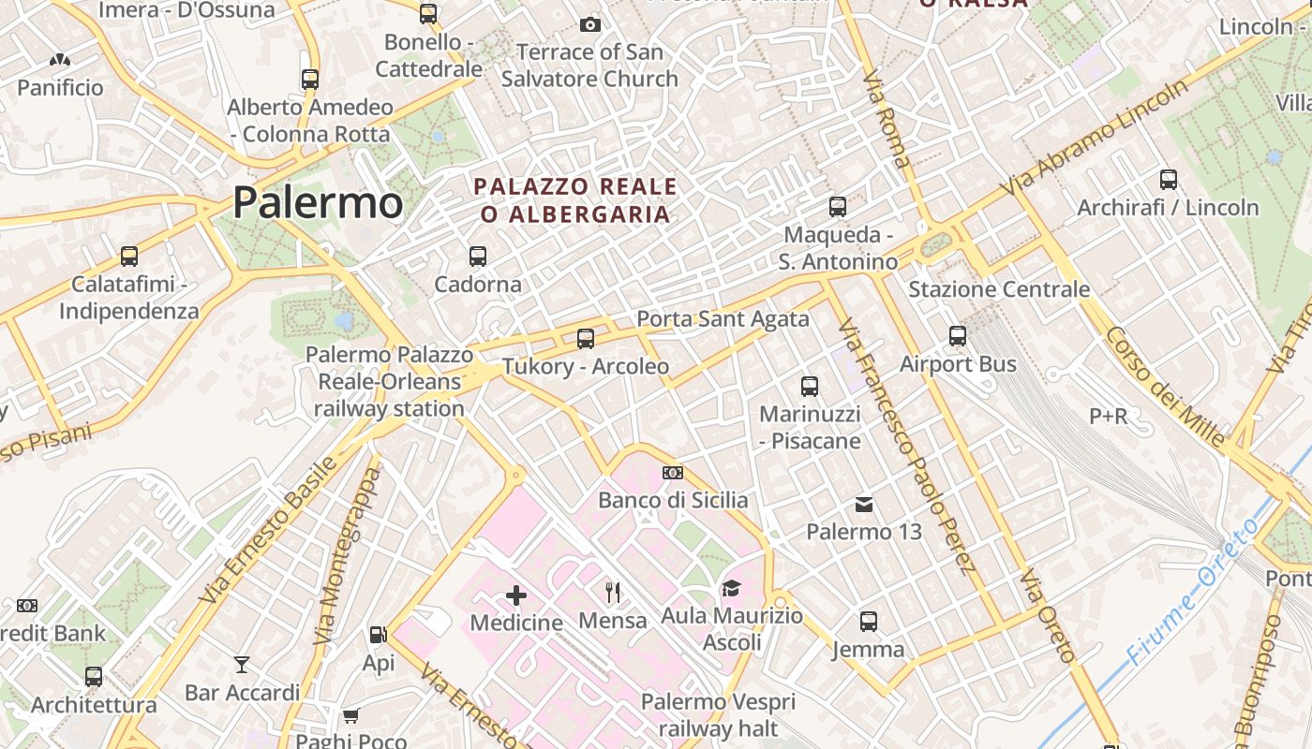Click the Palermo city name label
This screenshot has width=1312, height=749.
(318, 202)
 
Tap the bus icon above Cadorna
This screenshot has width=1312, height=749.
(478, 256)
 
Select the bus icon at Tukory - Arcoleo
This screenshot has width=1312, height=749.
(586, 339)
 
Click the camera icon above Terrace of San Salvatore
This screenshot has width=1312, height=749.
(590, 24)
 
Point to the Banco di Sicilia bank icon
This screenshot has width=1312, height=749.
(673, 473)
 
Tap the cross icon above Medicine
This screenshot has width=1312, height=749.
(516, 595)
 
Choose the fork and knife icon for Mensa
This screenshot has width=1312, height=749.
(613, 592)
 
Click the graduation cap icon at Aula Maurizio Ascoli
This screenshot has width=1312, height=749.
(731, 588)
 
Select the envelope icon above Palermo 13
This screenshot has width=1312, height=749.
(864, 506)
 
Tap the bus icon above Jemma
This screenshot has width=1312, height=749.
(869, 621)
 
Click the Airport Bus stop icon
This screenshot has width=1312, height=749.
(958, 335)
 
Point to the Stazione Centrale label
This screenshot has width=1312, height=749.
(999, 289)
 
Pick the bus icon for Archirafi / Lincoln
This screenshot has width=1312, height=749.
(1169, 179)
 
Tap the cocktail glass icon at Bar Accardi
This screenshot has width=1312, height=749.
(242, 665)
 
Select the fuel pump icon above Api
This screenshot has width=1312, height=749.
(379, 635)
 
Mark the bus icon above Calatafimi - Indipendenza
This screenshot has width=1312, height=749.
(129, 256)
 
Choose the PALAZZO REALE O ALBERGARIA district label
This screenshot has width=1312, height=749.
(576, 199)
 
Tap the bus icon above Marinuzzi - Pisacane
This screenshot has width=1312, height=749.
(810, 386)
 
